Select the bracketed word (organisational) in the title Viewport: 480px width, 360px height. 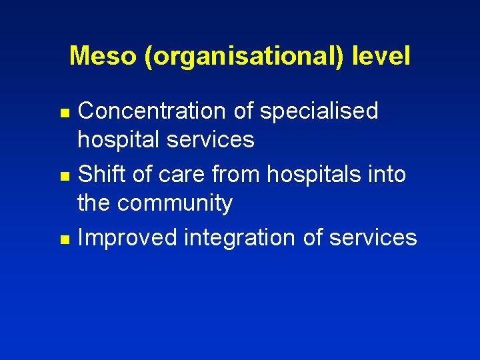click(x=243, y=57)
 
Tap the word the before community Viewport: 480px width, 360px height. click(x=97, y=202)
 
